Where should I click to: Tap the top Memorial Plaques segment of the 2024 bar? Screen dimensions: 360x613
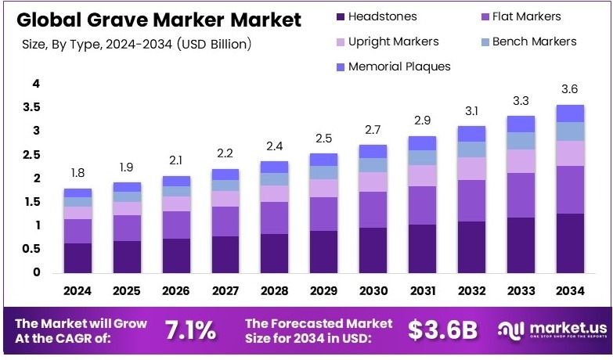78,193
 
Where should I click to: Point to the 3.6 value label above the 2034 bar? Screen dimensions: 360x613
569,89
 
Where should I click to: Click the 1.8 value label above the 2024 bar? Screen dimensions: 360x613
78,172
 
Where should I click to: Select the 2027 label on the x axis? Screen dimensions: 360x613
225,291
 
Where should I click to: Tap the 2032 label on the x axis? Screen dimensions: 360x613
471,291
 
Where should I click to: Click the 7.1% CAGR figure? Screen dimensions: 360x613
189,330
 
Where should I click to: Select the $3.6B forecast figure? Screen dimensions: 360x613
442,330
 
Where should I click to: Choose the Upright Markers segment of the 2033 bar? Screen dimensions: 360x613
521,160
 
